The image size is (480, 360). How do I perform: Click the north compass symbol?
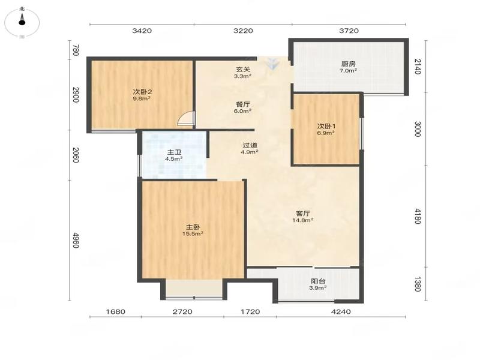(x=22, y=22)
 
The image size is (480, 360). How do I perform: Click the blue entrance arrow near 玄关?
(x=272, y=64)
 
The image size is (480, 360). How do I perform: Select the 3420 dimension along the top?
(x=142, y=31)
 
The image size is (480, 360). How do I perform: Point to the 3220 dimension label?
(x=243, y=31)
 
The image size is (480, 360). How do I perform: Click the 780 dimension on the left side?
(x=76, y=50)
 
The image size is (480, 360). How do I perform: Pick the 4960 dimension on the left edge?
(x=76, y=241)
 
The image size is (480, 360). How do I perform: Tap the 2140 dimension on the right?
(x=418, y=67)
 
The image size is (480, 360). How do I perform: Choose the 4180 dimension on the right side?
(x=418, y=216)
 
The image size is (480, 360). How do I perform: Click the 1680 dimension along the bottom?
(x=116, y=311)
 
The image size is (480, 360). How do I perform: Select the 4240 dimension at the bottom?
(x=341, y=311)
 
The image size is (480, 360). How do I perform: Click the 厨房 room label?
(x=349, y=64)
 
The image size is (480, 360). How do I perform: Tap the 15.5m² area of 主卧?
(x=193, y=233)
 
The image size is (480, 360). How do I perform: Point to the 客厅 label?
(x=303, y=214)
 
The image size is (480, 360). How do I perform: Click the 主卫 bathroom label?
(x=174, y=152)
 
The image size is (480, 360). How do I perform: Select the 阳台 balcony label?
(x=318, y=281)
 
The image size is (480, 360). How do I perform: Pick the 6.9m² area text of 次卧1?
(x=326, y=133)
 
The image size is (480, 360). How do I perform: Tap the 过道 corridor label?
(x=250, y=145)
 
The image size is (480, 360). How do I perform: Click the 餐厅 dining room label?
(x=242, y=104)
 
